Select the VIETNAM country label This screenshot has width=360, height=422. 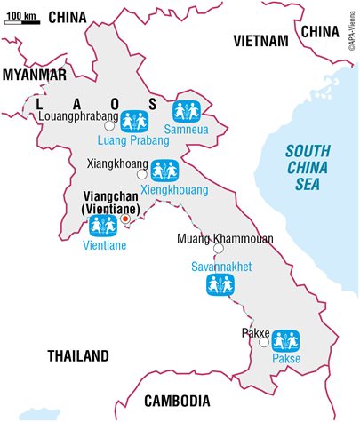(260, 41)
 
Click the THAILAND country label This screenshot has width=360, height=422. (78, 355)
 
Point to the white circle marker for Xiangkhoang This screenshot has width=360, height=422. (142, 165)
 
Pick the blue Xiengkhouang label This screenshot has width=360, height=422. (166, 190)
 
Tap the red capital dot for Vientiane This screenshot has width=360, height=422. (125, 217)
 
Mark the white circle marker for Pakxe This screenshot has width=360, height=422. (263, 340)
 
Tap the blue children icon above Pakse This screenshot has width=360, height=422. (285, 339)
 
